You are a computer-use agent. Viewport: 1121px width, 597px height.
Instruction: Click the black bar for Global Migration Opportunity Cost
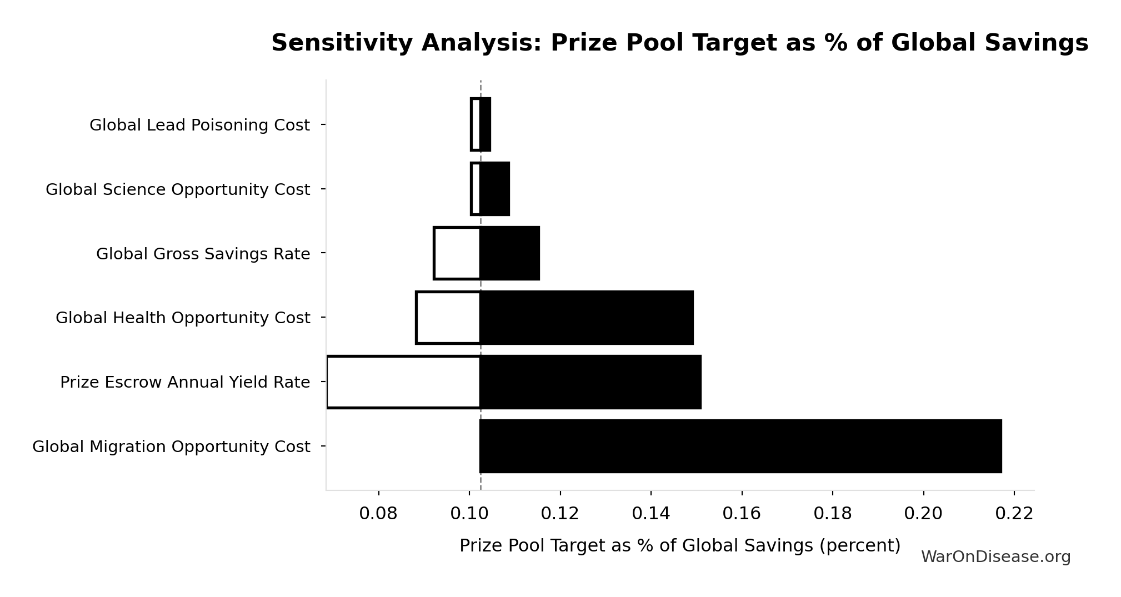740,446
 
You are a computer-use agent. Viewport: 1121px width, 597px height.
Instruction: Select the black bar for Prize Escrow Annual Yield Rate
590,382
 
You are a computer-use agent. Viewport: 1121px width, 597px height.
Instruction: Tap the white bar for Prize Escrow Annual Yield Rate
403,382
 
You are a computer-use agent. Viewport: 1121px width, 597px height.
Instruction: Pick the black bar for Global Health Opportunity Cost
586,318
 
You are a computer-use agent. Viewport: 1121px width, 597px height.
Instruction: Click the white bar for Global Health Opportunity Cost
448,318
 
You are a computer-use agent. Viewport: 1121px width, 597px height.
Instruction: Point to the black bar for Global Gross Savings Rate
509,253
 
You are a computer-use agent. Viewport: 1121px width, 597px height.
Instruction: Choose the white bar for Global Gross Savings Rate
457,253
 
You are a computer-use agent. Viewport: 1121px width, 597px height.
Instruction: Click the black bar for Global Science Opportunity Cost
494,189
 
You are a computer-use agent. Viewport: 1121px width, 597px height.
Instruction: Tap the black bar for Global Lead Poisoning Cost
486,124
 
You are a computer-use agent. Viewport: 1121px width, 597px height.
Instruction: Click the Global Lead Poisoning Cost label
199,126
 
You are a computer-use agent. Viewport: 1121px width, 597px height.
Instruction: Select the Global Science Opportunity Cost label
177,190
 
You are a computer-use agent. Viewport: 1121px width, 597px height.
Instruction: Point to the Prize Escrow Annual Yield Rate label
185,383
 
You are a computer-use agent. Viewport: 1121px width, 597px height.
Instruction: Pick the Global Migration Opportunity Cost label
171,447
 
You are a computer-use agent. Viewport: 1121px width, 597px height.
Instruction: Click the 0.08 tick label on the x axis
378,514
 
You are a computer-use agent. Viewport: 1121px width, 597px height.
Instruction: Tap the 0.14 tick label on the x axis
650,514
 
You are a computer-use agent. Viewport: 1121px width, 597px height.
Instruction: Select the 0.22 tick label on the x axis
1014,514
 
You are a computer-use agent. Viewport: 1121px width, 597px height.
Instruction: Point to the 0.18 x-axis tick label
832,514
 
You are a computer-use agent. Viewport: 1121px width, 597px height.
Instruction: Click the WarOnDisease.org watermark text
995,557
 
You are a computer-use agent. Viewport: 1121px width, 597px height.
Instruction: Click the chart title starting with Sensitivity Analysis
679,43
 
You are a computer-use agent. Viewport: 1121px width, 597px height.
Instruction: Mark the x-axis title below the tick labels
679,546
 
